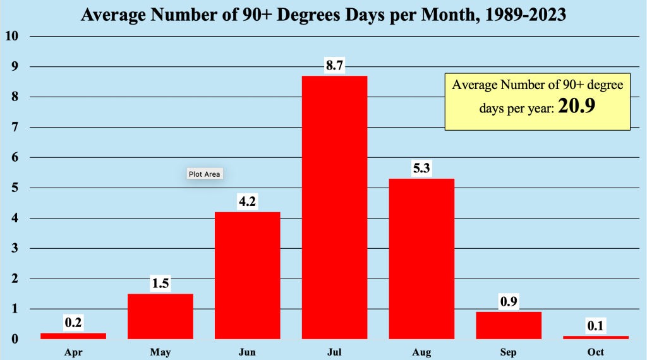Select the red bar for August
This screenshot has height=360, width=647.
click(421, 259)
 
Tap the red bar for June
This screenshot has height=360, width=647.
click(247, 275)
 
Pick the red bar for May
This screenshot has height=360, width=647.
click(160, 316)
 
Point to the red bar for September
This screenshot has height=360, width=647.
click(509, 325)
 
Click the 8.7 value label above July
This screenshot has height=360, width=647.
click(335, 66)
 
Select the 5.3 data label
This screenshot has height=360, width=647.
click(421, 169)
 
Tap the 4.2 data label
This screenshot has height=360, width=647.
click(247, 202)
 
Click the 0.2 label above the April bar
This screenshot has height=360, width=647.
click(73, 323)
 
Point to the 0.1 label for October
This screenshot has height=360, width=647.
click(596, 326)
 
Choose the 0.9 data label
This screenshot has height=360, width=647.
click(509, 302)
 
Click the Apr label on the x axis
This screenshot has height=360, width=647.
click(73, 352)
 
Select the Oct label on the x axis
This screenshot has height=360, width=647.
click(596, 352)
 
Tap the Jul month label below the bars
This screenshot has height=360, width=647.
click(335, 352)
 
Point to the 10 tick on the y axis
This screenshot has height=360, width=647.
click(11, 36)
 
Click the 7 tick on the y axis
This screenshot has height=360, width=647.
click(14, 127)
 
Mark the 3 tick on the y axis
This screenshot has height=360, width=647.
click(14, 248)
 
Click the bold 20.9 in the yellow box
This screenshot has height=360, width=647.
click(576, 107)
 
